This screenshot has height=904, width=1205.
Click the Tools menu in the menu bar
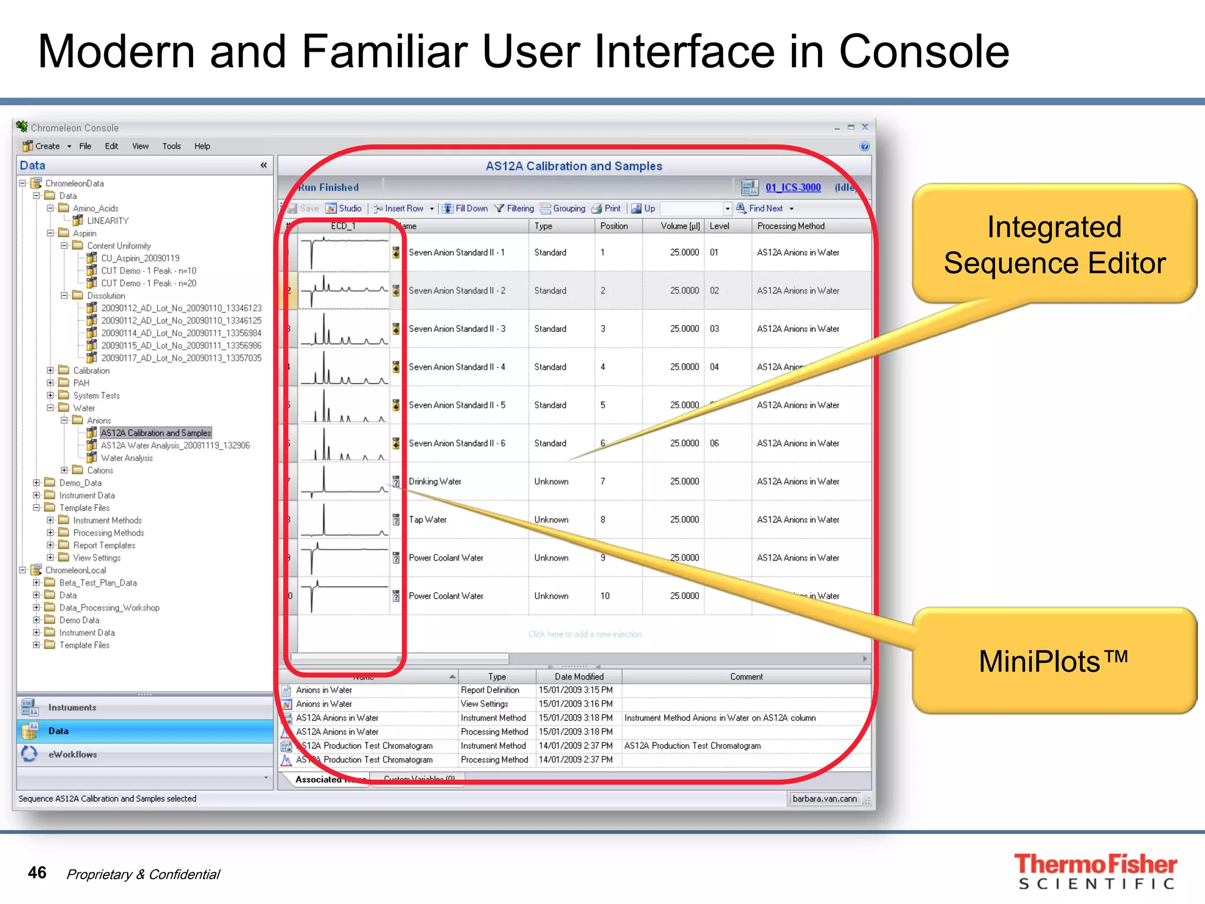click(x=171, y=146)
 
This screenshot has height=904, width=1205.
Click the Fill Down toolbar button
click(x=465, y=208)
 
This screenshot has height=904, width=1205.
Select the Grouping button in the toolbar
click(x=563, y=208)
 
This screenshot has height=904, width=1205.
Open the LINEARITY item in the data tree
click(x=107, y=221)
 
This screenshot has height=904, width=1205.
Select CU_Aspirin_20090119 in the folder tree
click(x=140, y=258)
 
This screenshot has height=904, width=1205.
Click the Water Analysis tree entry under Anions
click(x=127, y=458)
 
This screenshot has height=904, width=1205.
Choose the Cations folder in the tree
click(x=100, y=470)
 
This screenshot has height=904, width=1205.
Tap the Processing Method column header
click(x=790, y=226)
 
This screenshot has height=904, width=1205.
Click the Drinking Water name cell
click(x=435, y=481)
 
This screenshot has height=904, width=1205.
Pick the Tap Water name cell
click(x=428, y=520)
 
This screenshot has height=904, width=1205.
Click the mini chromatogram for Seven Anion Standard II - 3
click(x=344, y=329)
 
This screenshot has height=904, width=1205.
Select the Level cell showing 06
click(x=714, y=443)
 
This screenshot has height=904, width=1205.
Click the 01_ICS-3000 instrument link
click(x=793, y=187)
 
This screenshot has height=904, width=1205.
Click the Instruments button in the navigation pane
click(x=72, y=707)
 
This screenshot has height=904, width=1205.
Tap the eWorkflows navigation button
click(x=72, y=755)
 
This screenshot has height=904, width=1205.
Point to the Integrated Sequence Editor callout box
click(x=1054, y=244)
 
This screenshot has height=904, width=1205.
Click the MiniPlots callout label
click(x=1053, y=661)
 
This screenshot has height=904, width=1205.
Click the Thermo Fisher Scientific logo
click(x=1096, y=871)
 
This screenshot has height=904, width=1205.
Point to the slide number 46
click(x=37, y=872)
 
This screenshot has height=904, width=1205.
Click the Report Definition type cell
click(x=490, y=690)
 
